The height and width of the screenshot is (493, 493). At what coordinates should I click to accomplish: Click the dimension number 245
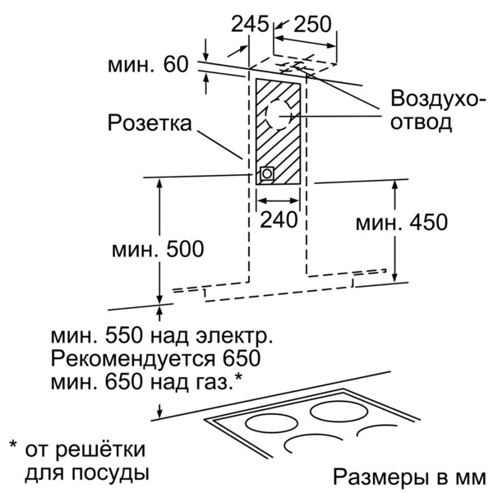pos(250,24)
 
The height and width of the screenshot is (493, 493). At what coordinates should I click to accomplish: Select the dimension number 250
pos(312,24)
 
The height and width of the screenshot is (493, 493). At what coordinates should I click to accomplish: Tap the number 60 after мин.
pos(176,65)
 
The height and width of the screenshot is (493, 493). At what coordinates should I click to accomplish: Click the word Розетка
pos(150,122)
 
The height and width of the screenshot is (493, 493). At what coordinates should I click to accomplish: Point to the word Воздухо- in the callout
pos(434,99)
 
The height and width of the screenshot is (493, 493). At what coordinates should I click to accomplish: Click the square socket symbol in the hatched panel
pos(266,173)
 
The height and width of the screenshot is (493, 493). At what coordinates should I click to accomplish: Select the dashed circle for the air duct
pos(279,115)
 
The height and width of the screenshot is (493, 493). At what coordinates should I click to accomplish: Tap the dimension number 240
pos(279,219)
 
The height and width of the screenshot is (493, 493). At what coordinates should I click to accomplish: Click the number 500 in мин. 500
pos(185,249)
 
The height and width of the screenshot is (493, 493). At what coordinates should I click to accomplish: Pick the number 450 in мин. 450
pos(429,223)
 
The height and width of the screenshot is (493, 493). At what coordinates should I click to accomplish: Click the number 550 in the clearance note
pos(124,336)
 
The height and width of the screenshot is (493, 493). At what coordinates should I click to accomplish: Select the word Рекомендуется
pos(133,359)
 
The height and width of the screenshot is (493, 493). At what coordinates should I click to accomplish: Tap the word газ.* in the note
pos(219,381)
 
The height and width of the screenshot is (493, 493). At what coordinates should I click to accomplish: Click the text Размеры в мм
pos(409,477)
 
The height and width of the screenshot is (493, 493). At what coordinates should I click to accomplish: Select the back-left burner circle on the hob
pos(271,423)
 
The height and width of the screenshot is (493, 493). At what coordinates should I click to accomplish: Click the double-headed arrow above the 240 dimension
pos(278,200)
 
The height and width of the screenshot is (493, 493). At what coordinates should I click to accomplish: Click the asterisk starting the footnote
pos(13,446)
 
